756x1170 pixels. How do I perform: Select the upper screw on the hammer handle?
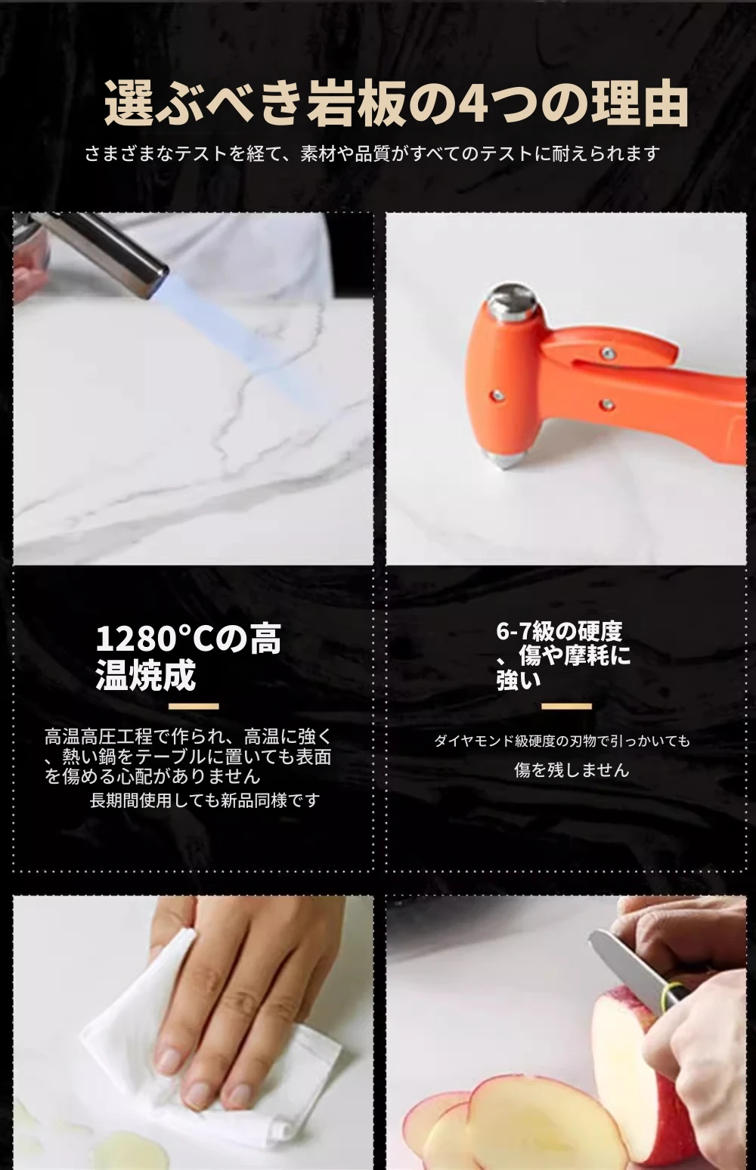(x=607, y=354)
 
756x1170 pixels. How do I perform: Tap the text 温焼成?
(x=146, y=676)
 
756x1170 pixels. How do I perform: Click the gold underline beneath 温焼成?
(x=194, y=707)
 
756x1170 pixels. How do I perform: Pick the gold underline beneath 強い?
(x=566, y=707)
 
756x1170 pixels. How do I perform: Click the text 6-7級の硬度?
(x=559, y=631)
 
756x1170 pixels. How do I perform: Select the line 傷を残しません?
(x=572, y=770)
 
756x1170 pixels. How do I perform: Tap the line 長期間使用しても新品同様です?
(x=204, y=800)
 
